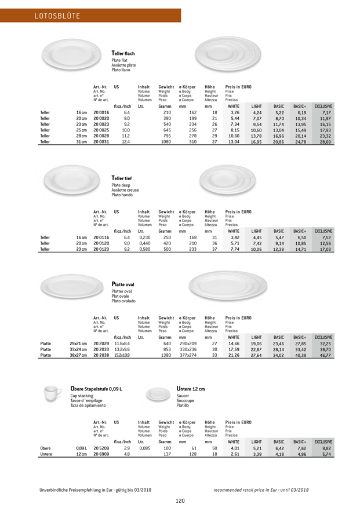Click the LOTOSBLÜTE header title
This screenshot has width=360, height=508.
57,15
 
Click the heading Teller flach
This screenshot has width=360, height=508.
123,53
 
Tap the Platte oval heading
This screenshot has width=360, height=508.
123,284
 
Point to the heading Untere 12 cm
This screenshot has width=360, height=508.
191,388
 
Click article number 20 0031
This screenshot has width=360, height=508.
101,142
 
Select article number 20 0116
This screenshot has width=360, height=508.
101,237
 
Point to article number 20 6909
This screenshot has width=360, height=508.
101,454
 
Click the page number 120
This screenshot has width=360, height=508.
180,500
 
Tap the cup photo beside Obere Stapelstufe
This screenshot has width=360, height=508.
53,394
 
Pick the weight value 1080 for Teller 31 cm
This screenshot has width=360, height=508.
166,142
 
